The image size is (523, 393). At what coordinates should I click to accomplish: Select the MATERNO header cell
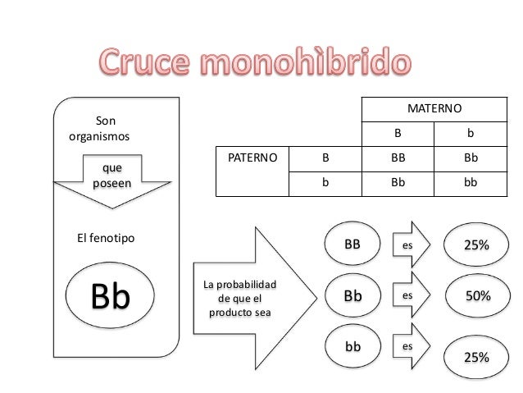tap(434, 108)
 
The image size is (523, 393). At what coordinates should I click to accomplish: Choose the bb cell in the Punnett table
tap(470, 184)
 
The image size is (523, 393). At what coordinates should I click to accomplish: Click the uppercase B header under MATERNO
tap(399, 131)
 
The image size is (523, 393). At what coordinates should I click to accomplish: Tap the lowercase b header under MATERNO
tap(470, 131)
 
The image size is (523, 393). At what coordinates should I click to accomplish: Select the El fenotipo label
tap(106, 238)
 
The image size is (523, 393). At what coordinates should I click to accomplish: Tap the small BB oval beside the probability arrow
tap(352, 244)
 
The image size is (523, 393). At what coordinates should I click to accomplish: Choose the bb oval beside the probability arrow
tap(352, 347)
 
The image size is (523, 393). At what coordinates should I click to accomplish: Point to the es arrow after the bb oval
tap(410, 347)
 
